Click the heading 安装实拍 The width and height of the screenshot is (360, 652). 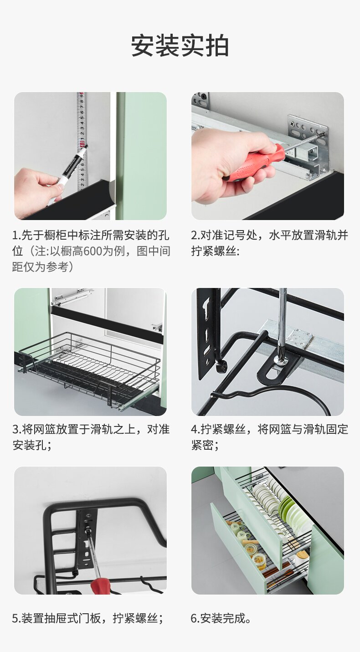[180, 46]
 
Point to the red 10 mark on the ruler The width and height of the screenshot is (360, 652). [82, 144]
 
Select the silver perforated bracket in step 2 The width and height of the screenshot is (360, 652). [308, 130]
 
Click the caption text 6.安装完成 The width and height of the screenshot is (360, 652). [221, 619]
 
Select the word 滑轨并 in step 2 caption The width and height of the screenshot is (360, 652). [331, 235]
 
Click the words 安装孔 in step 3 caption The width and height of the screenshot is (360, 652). [30, 445]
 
